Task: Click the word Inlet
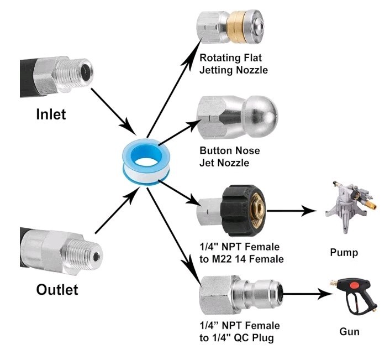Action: tap(51, 114)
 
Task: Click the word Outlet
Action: tap(57, 290)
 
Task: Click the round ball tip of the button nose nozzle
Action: tap(264, 112)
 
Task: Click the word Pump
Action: tap(344, 253)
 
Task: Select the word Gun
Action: tap(350, 332)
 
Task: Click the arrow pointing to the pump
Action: tap(292, 211)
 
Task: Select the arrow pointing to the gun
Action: tap(308, 294)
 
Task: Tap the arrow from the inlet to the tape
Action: tap(113, 111)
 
